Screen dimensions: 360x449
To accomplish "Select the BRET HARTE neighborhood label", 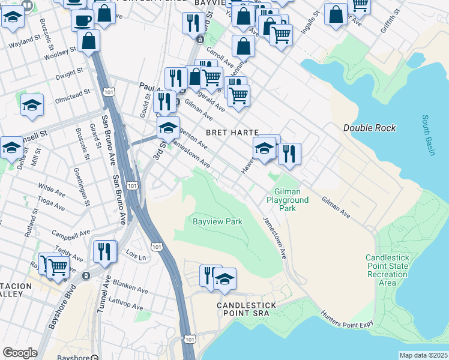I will [x=232, y=132].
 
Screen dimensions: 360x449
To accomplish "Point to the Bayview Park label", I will [x=217, y=221].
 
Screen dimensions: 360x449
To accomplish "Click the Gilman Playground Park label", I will [x=288, y=200].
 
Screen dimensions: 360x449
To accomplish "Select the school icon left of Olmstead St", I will [x=32, y=105].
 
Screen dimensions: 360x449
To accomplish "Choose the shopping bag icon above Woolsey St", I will [x=89, y=41].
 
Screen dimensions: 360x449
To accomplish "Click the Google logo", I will [x=20, y=353].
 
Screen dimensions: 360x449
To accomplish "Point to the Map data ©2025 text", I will [x=423, y=355].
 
